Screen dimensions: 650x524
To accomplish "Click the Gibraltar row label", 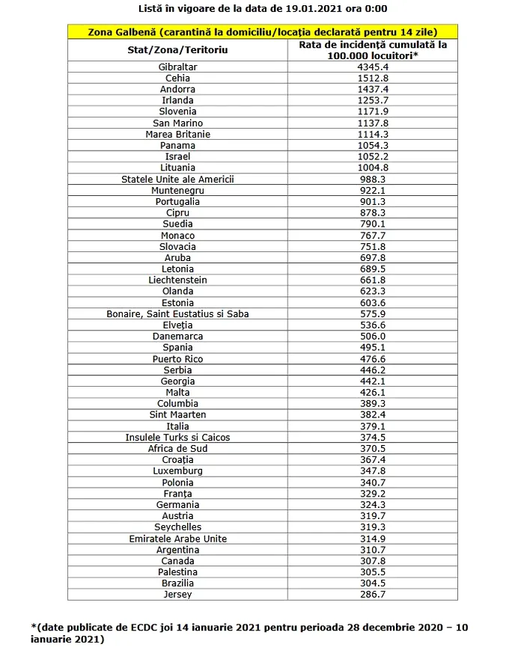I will coord(177,67).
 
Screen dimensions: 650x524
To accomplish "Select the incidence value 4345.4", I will coord(373,67).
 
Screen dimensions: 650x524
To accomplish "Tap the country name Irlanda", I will coord(177,100).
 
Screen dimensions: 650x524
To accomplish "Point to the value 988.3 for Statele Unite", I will coord(373,179).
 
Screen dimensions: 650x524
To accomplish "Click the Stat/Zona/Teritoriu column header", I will coord(177,49).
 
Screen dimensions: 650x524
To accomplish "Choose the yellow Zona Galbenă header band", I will coord(262,32).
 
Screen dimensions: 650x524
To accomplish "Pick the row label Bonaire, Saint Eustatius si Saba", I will coord(177,313).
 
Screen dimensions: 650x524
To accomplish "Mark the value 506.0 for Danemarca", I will coord(373,336).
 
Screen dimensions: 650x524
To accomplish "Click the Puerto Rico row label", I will coord(177,358).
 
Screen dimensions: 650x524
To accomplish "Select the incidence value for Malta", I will coord(373,392).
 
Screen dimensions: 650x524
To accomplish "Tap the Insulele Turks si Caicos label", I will coord(177,437).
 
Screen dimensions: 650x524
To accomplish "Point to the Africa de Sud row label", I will coord(177,448).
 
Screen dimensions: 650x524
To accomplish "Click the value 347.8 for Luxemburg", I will coord(373,470).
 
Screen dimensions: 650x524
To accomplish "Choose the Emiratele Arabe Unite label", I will coord(177,539).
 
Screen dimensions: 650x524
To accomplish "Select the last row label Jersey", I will coord(177,595).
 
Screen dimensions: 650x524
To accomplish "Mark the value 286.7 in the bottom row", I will coord(373,595).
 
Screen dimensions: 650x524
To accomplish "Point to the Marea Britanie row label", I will coord(177,134).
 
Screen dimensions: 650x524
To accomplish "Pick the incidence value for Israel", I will coord(373,156).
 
